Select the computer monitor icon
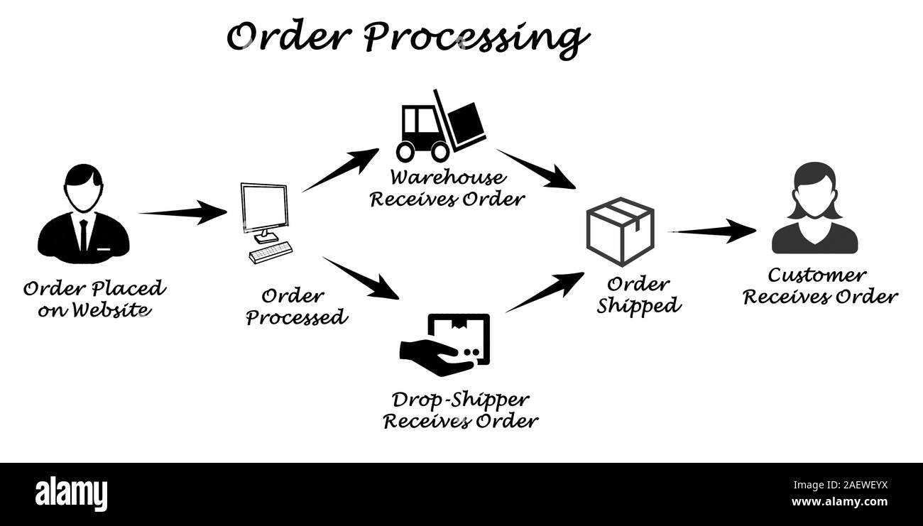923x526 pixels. point(264,209)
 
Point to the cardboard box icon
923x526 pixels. point(619,231)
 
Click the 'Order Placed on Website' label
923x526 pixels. point(94,299)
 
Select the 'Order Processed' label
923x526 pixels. point(296,306)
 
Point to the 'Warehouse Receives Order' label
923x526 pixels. point(447,188)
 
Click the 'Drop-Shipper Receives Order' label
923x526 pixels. point(460,410)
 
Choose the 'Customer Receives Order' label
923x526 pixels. point(820,285)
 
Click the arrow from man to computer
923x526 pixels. point(182,212)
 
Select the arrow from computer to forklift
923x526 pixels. point(340,170)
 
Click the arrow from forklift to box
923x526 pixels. point(536,169)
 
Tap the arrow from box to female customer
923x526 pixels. point(712,231)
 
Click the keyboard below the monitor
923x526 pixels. point(271,252)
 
